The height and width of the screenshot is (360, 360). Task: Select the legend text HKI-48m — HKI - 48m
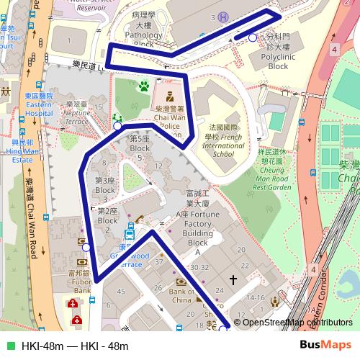pos(75,346)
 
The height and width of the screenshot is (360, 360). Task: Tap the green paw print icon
pos(145,86)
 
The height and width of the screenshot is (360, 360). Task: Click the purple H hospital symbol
pos(224,17)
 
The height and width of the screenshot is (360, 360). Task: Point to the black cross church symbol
pos(233,278)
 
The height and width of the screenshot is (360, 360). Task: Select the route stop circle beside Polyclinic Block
pos(252,37)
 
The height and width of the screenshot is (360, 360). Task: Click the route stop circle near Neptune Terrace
pos(118,126)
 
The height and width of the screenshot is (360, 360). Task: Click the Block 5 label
pos(139,143)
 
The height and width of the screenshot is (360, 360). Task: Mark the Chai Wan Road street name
pos(33,216)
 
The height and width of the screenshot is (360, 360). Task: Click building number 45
pos(120,291)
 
